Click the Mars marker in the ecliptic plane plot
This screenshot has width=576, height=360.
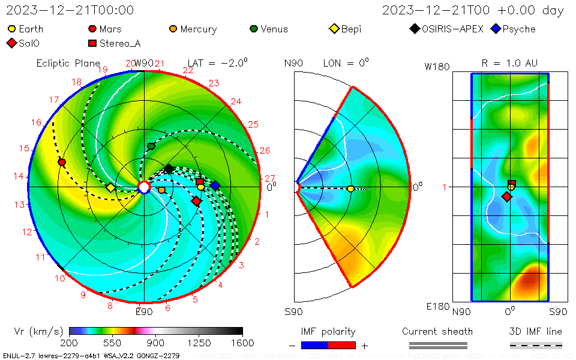[62, 163]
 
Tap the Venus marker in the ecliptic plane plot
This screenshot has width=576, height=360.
[151, 146]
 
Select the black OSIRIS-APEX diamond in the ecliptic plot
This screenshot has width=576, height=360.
[169, 169]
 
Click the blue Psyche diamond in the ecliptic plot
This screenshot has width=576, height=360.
[215, 185]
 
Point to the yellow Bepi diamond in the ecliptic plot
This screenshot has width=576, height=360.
[110, 188]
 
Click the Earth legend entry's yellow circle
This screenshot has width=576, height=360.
[12, 29]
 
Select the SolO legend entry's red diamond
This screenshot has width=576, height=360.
[11, 43]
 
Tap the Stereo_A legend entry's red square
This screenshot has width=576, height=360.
[92, 43]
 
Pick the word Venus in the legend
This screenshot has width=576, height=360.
[274, 29]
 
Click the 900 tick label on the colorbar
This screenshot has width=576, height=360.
[155, 343]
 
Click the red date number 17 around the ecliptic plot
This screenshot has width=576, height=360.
[55, 100]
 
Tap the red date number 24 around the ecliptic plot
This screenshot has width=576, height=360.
[236, 101]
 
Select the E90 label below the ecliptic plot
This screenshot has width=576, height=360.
[144, 311]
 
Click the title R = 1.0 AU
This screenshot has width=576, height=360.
[509, 63]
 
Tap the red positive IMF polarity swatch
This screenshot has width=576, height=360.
[342, 345]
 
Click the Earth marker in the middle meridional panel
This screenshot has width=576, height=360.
[350, 189]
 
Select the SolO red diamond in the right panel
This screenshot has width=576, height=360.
[506, 197]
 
